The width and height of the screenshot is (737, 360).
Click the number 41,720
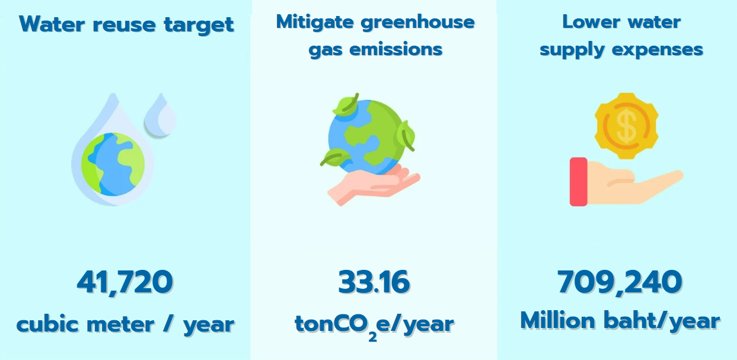(x=125, y=282)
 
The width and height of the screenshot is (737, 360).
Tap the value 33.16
(x=374, y=282)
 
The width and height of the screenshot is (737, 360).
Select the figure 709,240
(x=620, y=282)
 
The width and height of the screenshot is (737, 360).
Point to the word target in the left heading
(x=199, y=25)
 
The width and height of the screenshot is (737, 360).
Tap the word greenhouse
(x=418, y=23)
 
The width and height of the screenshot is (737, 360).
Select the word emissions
(x=396, y=49)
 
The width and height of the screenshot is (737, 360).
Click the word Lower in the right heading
(x=591, y=22)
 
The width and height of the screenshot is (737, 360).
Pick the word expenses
(x=658, y=50)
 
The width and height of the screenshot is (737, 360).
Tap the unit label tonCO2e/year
(x=374, y=326)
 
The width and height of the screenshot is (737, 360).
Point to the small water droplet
(x=160, y=114)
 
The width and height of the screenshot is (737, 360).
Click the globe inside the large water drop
(x=113, y=164)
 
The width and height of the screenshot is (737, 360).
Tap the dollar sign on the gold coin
(x=626, y=126)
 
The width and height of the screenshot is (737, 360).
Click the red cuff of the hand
(x=579, y=181)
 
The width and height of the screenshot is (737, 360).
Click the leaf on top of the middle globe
(x=346, y=106)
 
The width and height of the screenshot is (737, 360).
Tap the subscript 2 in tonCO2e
(x=372, y=337)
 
